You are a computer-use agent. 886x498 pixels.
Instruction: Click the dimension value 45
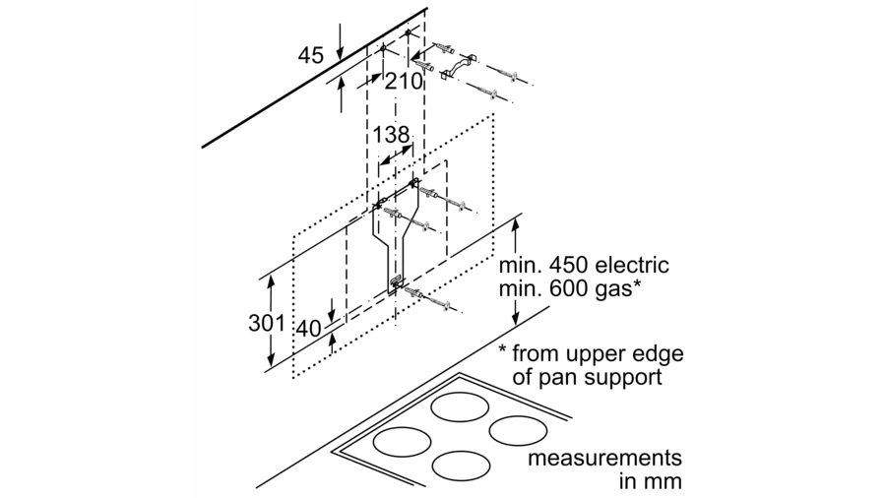point(311,56)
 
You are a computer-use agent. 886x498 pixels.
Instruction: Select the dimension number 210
point(403,82)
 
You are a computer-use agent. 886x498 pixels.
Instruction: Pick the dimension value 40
point(309,330)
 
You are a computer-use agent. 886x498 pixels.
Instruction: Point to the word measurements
point(605,460)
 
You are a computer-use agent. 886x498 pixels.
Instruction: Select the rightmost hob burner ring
point(519,430)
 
